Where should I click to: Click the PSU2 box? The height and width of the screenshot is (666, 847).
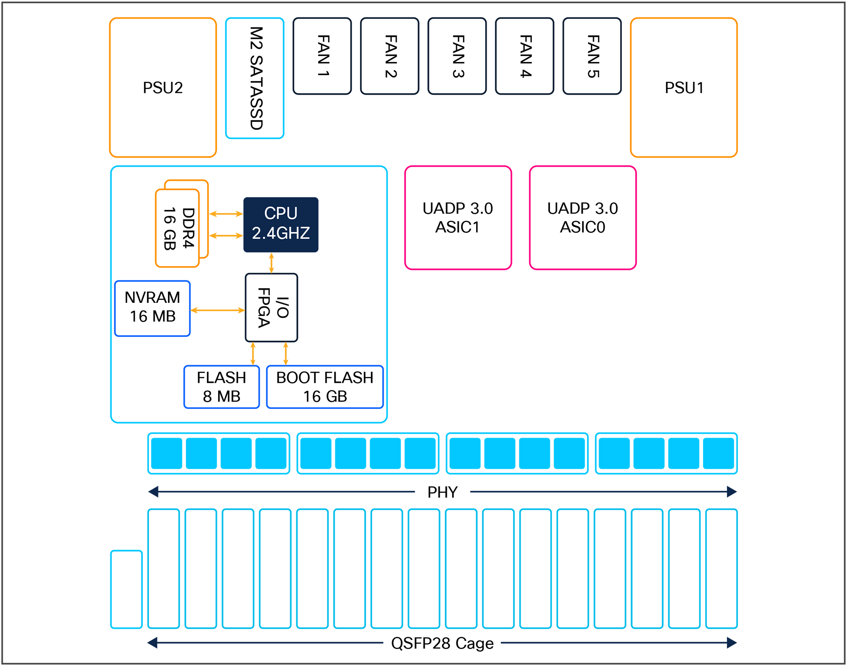(163, 87)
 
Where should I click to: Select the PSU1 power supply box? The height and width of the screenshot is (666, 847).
(683, 87)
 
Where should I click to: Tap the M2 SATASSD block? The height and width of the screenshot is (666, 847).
(255, 78)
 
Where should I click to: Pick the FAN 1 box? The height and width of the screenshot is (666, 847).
(322, 56)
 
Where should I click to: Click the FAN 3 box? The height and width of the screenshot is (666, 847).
(457, 56)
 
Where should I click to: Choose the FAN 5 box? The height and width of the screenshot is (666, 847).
(592, 56)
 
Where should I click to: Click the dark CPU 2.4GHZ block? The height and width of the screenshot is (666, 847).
(281, 224)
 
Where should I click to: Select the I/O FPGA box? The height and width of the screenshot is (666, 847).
(271, 307)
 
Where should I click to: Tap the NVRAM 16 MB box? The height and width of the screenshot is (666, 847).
(152, 308)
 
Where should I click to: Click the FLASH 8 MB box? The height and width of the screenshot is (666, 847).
(221, 387)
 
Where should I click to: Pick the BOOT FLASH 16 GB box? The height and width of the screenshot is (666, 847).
(325, 387)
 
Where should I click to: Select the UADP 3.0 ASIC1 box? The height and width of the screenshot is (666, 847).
(458, 217)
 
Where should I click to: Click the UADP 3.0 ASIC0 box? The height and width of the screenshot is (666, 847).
(583, 217)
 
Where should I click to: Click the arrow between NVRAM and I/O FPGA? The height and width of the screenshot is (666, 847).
(218, 310)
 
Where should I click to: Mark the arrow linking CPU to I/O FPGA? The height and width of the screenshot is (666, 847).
(271, 263)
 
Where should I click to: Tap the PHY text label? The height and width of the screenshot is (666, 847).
(442, 492)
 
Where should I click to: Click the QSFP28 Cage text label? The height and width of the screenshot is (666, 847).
(442, 643)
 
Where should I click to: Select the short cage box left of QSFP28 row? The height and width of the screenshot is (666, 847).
(127, 589)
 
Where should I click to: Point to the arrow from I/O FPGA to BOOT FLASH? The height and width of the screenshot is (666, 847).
(286, 354)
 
